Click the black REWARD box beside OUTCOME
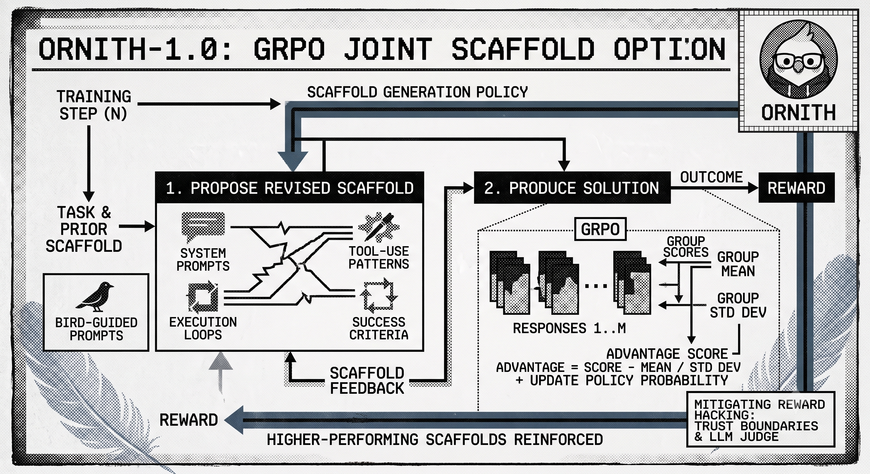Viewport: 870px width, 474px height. (x=796, y=188)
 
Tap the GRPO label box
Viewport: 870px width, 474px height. (x=601, y=229)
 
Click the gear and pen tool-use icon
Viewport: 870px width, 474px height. (x=378, y=227)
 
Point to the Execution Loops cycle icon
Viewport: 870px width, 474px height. (x=202, y=296)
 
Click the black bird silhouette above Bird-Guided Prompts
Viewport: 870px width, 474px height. (x=95, y=297)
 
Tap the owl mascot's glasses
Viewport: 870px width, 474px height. (x=799, y=61)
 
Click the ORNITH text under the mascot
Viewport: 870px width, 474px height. (x=798, y=112)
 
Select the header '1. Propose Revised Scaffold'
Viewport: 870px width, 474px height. (x=289, y=188)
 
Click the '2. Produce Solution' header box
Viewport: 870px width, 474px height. (x=572, y=188)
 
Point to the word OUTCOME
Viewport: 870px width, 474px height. (x=711, y=177)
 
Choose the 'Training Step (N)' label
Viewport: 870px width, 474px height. (x=94, y=105)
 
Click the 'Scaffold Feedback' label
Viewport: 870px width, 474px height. (x=367, y=380)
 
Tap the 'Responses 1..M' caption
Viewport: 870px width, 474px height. (x=569, y=328)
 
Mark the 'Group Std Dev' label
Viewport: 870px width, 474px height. (x=738, y=305)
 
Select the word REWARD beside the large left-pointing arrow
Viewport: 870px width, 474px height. (x=188, y=420)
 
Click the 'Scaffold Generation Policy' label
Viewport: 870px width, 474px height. (x=417, y=92)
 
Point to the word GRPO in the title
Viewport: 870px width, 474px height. (x=289, y=49)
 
